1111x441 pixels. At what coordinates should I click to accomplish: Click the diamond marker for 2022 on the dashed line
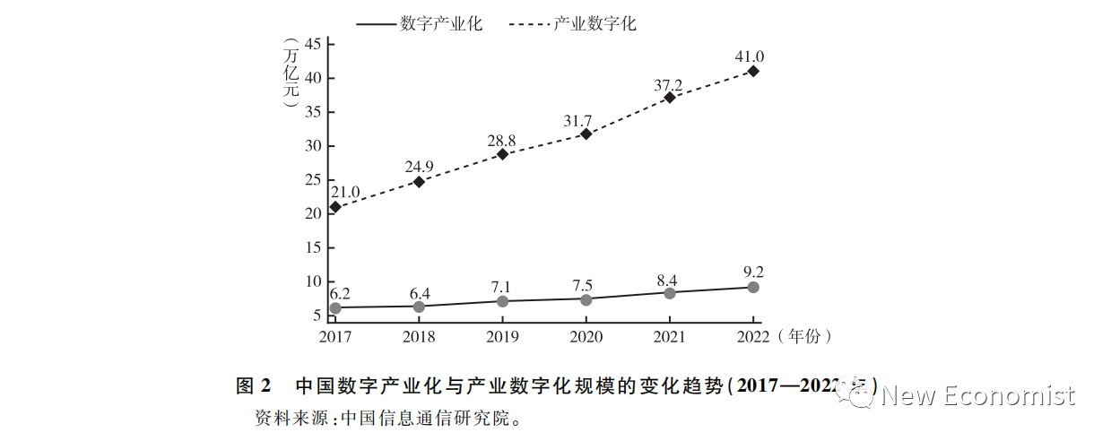coord(753,71)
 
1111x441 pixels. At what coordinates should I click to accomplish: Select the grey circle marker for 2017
coord(335,307)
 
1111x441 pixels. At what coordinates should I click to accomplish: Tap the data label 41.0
coord(751,56)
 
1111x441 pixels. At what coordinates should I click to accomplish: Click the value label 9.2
coord(753,272)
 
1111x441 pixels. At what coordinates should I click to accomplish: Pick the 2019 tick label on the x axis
coord(502,337)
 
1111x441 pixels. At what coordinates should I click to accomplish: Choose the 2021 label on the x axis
coord(669,337)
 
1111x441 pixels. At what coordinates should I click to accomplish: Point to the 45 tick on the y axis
coord(313,44)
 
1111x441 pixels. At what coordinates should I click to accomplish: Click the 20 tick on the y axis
coord(313,213)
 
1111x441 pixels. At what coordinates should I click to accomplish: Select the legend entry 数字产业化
coord(441,24)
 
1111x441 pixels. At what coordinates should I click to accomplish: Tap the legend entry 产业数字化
coord(595,24)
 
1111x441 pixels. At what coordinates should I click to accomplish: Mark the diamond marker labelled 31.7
coord(586,134)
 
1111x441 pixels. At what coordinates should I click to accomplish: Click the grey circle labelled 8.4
coord(670,292)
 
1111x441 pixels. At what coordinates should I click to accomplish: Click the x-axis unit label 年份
coord(804,337)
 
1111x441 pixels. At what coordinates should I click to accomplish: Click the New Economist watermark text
coord(977,395)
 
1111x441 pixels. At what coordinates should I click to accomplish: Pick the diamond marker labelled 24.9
coord(419,182)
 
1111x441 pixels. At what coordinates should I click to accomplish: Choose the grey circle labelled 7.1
coord(502,301)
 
